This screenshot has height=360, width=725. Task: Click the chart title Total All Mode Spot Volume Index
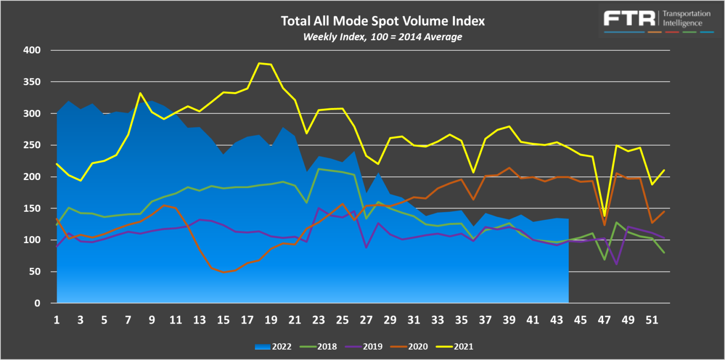click(x=382, y=21)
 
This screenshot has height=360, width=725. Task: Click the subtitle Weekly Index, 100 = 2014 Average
click(x=382, y=37)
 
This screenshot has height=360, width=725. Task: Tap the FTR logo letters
click(x=629, y=19)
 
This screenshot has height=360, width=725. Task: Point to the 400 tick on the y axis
click(x=32, y=50)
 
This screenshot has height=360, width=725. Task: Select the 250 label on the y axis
click(x=32, y=145)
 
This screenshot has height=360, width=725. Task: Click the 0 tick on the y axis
click(x=37, y=303)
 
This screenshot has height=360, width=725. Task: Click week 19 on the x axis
click(x=271, y=320)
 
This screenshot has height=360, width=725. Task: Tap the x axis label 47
click(x=604, y=320)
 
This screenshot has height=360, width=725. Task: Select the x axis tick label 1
click(x=57, y=320)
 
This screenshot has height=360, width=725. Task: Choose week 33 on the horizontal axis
click(x=437, y=320)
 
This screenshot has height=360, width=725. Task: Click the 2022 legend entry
click(x=273, y=347)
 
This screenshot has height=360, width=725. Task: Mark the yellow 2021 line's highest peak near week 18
click(x=259, y=63)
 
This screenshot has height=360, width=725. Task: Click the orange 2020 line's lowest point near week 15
click(x=223, y=272)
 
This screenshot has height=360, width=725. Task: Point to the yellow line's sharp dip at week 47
click(x=604, y=216)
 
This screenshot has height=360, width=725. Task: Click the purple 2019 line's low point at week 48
click(x=616, y=264)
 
